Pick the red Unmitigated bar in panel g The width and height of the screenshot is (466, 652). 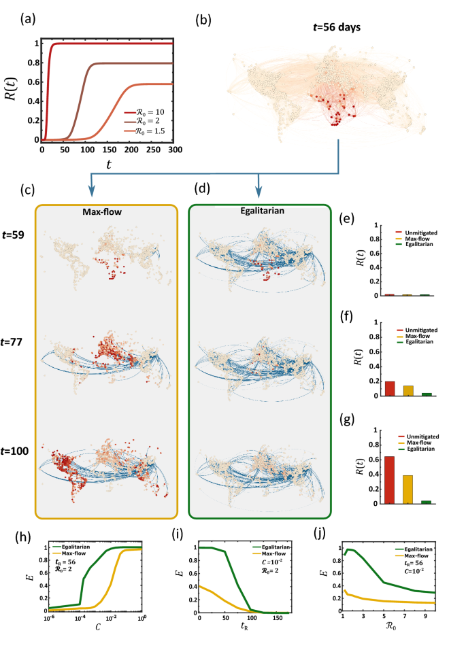tap(390, 479)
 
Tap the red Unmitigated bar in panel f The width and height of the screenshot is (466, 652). tap(390, 389)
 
